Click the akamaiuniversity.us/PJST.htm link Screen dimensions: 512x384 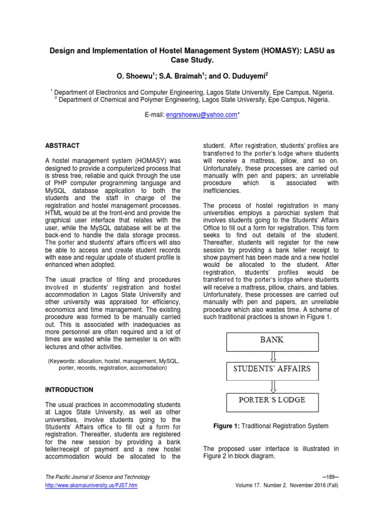[91, 485]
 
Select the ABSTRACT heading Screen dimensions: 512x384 [62, 145]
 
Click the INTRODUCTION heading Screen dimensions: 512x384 [69, 389]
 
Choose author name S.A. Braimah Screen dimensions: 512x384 [172, 75]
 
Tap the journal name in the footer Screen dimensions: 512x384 [97, 477]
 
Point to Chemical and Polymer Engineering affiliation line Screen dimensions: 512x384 [192, 99]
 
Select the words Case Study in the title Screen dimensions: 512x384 [192, 60]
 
